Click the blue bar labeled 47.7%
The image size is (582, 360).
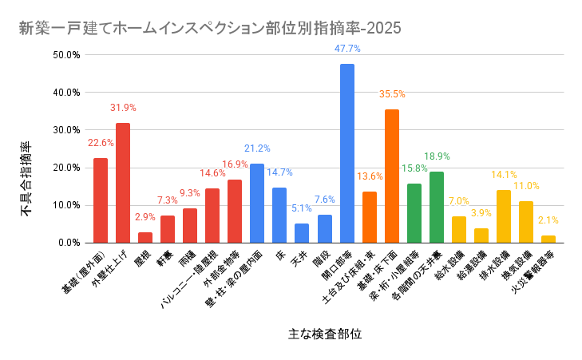pyautogui.click(x=346, y=153)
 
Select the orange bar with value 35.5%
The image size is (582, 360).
pyautogui.click(x=391, y=176)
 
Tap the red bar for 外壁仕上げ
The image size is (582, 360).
pyautogui.click(x=122, y=183)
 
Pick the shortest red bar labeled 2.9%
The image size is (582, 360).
pyautogui.click(x=145, y=237)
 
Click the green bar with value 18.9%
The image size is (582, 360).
pyautogui.click(x=436, y=208)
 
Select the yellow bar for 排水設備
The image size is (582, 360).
pyautogui.click(x=503, y=216)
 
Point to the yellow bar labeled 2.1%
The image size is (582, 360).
pyautogui.click(x=548, y=239)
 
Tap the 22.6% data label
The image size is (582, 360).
pyautogui.click(x=101, y=143)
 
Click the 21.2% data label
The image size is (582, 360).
pyautogui.click(x=257, y=148)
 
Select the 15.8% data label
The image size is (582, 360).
pyautogui.click(x=414, y=168)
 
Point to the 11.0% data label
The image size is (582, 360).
pyautogui.click(x=526, y=186)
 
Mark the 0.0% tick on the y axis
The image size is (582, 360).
pyautogui.click(x=68, y=243)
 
